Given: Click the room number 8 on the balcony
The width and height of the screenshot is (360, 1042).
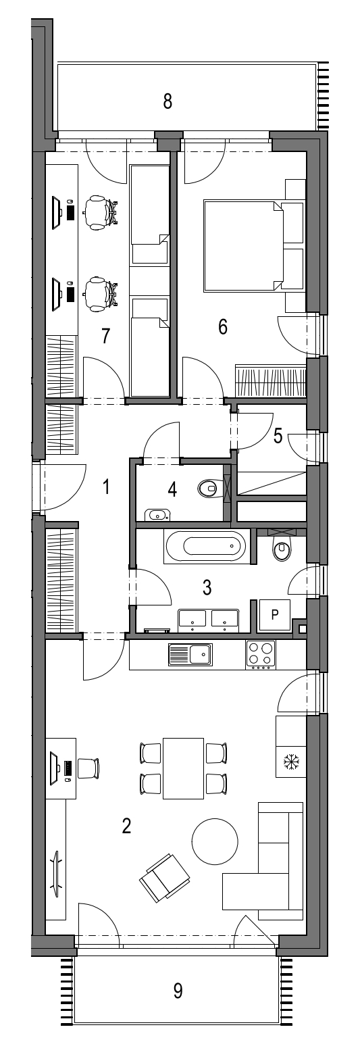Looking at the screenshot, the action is [168, 101].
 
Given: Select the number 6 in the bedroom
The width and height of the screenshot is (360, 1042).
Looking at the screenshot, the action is [223, 327].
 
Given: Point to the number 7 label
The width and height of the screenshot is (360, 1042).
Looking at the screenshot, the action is [105, 336].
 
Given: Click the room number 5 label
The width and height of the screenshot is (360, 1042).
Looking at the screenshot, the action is [278, 436].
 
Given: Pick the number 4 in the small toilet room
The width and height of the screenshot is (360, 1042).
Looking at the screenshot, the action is [172, 489].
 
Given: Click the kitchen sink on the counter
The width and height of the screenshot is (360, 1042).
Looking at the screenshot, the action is [190, 655].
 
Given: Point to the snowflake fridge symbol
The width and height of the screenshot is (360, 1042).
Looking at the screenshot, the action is [291, 762].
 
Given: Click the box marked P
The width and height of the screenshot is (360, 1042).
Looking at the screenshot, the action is [274, 614].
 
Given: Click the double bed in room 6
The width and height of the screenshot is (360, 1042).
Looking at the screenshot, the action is [244, 245].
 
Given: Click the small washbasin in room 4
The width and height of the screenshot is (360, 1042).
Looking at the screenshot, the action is [157, 514].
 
